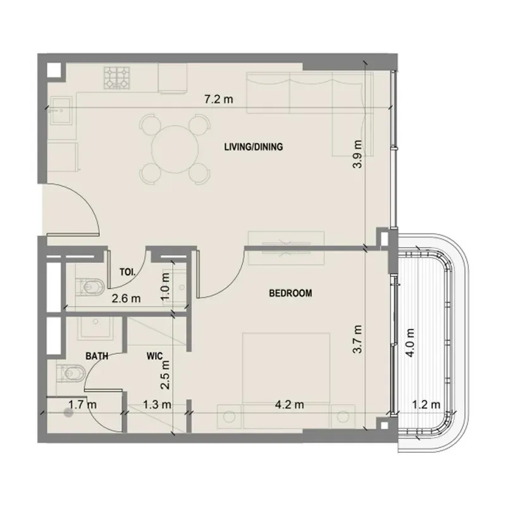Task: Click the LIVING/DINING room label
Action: coord(254,147)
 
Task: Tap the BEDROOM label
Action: coord(290,293)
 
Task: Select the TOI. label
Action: coord(128,272)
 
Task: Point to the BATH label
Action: coord(97,356)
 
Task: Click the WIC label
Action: coord(154,356)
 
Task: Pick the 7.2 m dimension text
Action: coord(219,99)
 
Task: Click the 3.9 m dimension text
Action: coord(357,154)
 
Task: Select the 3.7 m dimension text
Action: coord(357,339)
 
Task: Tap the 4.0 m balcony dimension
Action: coord(410,342)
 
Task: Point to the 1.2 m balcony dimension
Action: coord(426,404)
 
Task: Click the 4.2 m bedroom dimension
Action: coord(289,404)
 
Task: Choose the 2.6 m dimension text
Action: coord(126,299)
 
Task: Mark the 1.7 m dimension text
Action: coord(82,404)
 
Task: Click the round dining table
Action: coord(175,149)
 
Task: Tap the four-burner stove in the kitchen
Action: coord(117,78)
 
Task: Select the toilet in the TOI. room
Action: coord(90,287)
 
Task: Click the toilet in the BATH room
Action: coord(71,373)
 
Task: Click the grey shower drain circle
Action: coord(68,413)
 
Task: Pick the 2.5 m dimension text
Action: coord(165,374)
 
